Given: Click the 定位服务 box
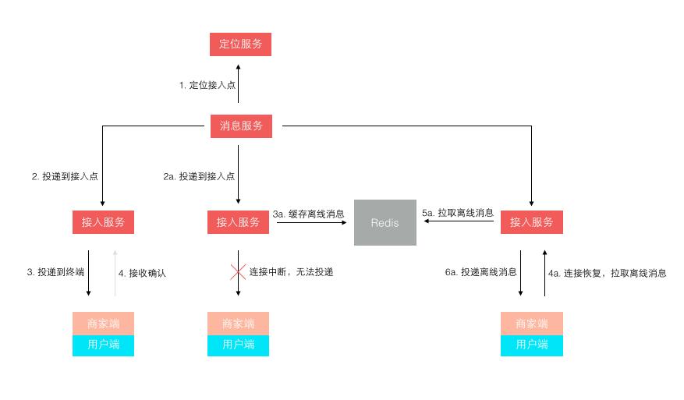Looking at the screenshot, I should (240, 44).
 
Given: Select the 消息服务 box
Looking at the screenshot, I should (241, 126).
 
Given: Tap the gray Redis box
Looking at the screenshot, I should (385, 223).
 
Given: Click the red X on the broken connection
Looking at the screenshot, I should (238, 272).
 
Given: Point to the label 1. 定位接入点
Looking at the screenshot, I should (207, 85).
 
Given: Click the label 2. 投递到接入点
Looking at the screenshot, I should (65, 177).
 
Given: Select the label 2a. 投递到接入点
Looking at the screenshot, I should (199, 177).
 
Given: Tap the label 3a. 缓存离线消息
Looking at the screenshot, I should (308, 214).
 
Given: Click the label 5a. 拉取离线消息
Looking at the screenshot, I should (458, 213).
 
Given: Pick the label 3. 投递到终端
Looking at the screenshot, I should (55, 273).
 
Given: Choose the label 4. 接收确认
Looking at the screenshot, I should (142, 274).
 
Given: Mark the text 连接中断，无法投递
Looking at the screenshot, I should (291, 272).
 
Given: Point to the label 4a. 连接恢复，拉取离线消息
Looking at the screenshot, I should (607, 274).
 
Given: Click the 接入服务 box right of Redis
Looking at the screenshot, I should (531, 222).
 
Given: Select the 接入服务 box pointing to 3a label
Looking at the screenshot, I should (238, 222).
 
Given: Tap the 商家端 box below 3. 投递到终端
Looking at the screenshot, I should (103, 324).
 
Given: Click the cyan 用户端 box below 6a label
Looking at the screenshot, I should (531, 345).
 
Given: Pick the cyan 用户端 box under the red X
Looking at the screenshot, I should (238, 345).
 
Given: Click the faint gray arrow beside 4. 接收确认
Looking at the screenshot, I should (115, 273).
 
